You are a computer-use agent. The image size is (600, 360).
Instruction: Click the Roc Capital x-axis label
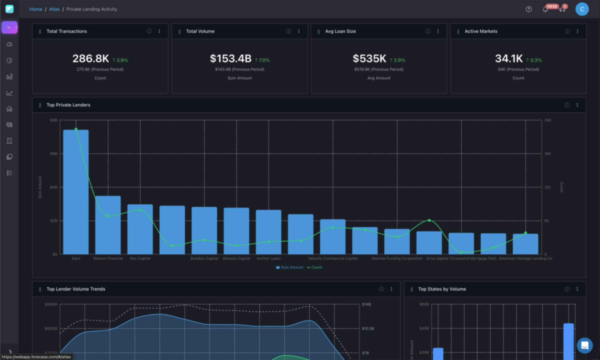pyautogui.click(x=140, y=259)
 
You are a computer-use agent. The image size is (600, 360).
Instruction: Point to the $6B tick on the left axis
pyautogui.click(x=54, y=154)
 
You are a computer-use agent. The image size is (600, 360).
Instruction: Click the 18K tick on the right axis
pyautogui.click(x=548, y=154)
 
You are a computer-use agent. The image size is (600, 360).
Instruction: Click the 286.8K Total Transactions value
pyautogui.click(x=91, y=59)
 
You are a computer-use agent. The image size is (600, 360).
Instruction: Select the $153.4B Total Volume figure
pyautogui.click(x=231, y=59)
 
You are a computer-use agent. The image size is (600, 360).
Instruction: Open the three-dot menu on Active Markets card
pyautogui.click(x=577, y=31)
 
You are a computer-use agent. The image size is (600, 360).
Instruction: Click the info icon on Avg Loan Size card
pyautogui.click(x=428, y=31)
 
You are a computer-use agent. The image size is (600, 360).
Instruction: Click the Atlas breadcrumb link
pyautogui.click(x=54, y=9)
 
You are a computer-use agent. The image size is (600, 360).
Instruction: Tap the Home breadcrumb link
pyautogui.click(x=36, y=9)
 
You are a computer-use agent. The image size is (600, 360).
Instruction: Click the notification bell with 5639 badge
pyautogui.click(x=545, y=9)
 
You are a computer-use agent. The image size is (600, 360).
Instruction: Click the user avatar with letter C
pyautogui.click(x=582, y=9)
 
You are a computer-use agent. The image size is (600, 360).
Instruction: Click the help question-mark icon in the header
pyautogui.click(x=529, y=9)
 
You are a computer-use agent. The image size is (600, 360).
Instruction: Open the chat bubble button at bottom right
pyautogui.click(x=584, y=345)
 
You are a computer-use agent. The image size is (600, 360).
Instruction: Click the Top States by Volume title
pyautogui.click(x=442, y=289)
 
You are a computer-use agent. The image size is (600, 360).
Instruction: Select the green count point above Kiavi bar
pyautogui.click(x=76, y=129)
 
